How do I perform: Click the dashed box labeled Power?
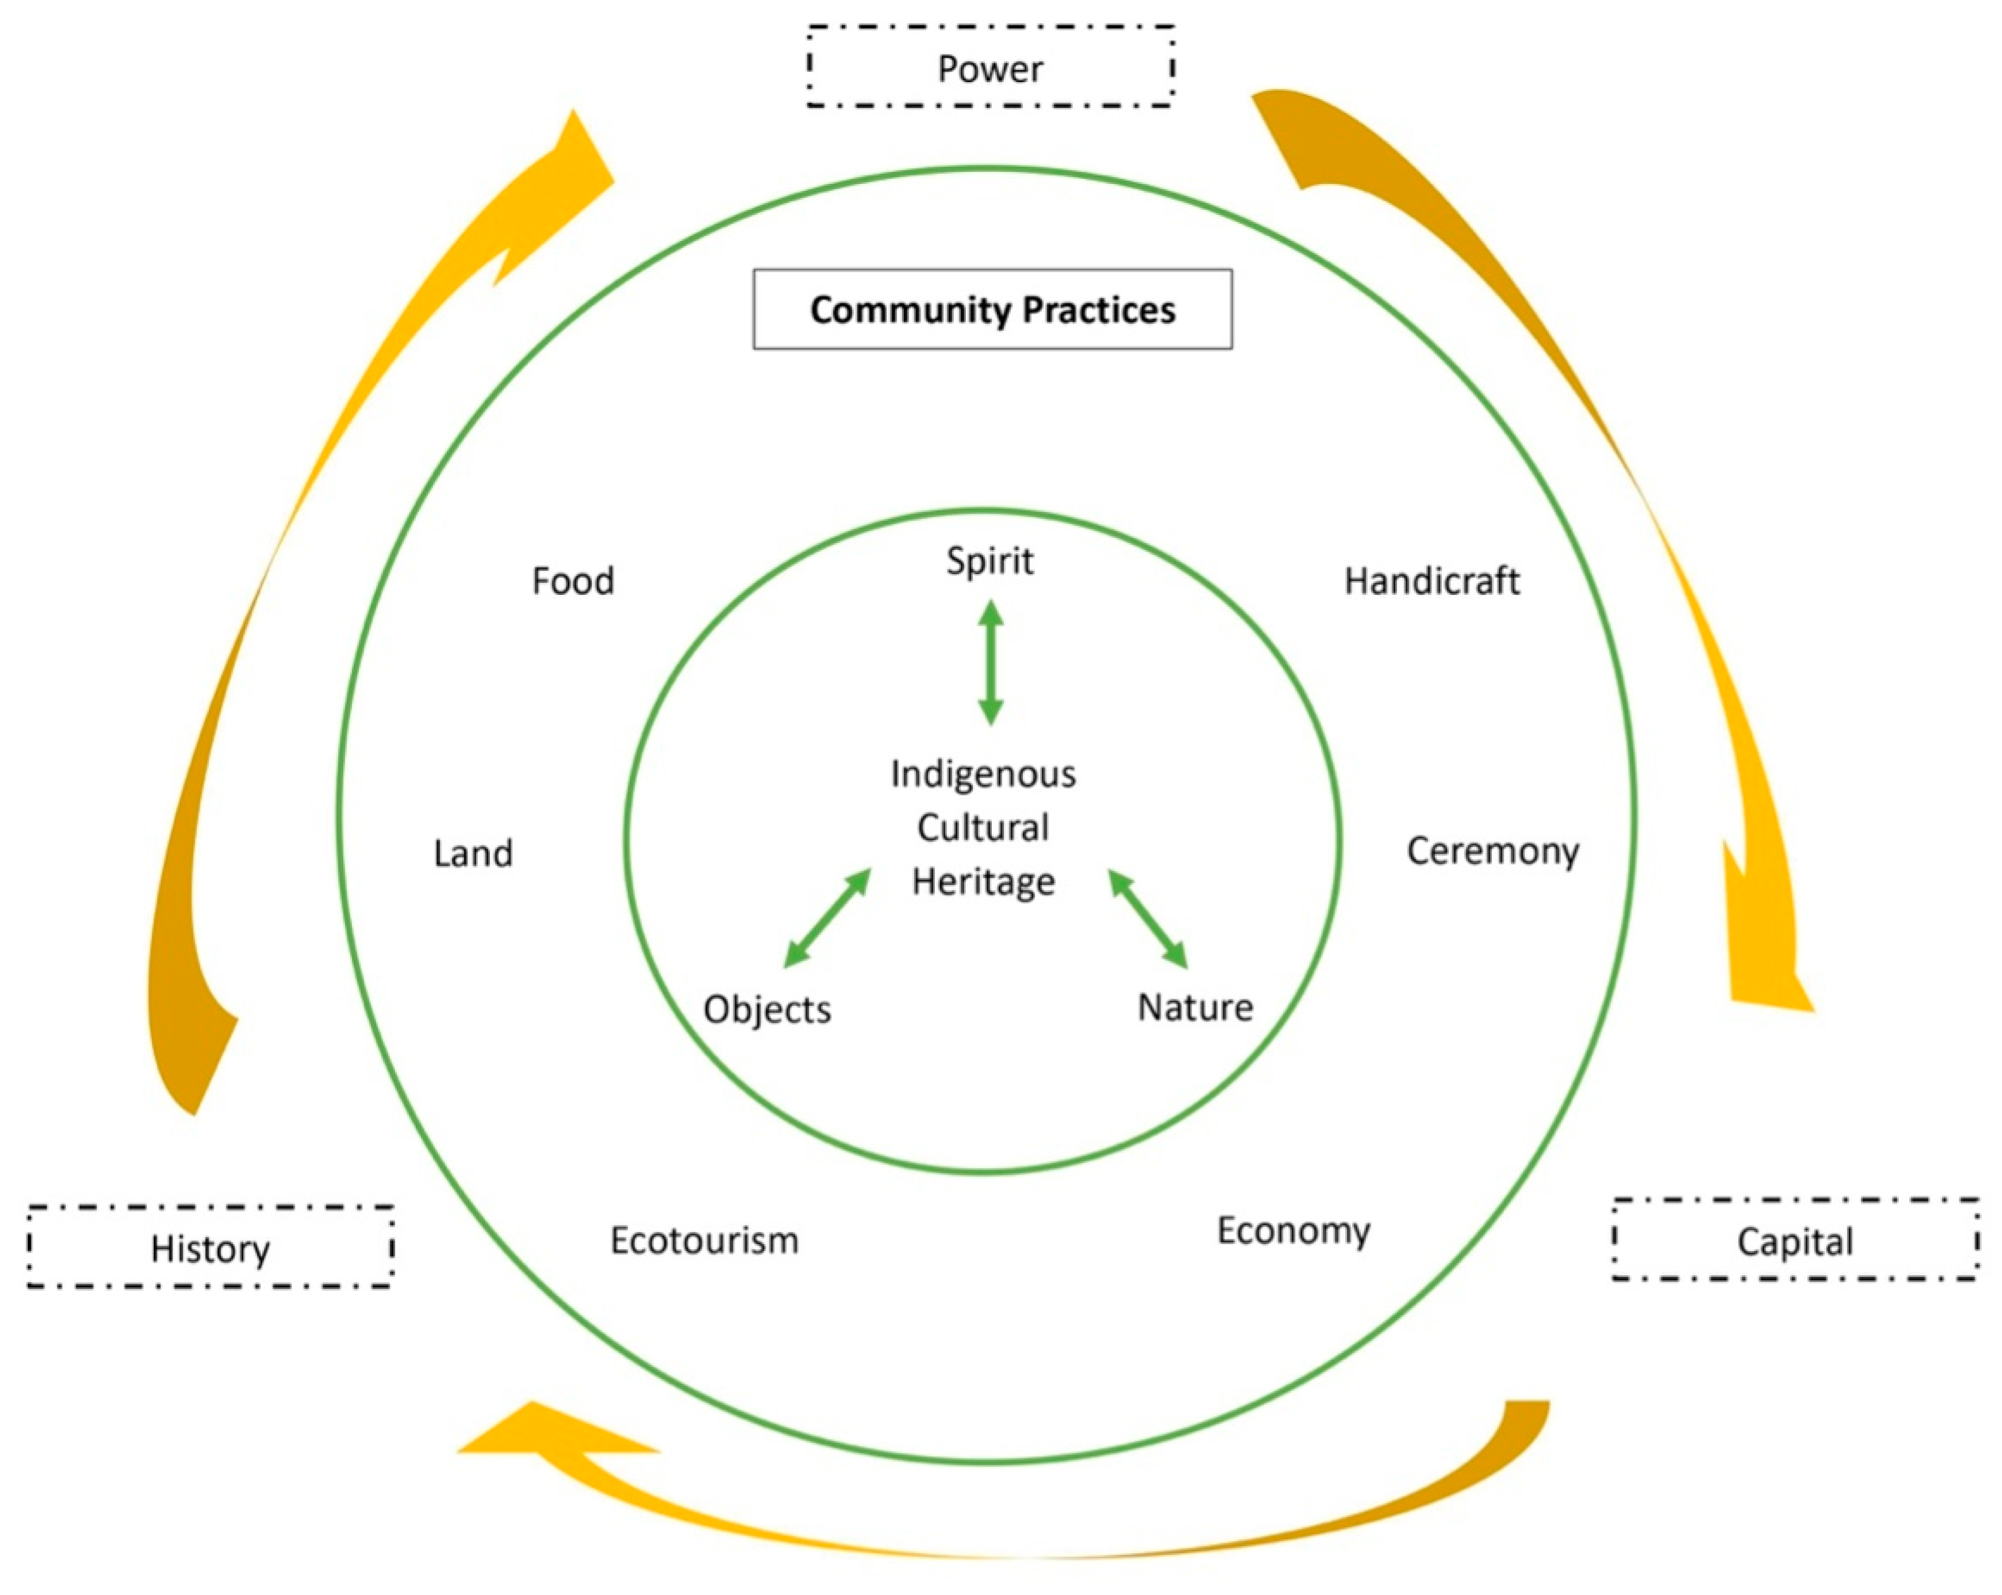(990, 67)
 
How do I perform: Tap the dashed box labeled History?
(211, 1247)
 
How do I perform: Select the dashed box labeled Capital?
(1794, 1240)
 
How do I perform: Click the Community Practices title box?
(992, 309)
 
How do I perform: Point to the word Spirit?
(990, 561)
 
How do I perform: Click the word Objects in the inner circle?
(767, 1009)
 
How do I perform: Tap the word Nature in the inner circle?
(1195, 1007)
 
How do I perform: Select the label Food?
(573, 581)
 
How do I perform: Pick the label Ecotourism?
(704, 1240)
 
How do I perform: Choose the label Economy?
(1293, 1231)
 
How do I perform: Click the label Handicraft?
(1432, 581)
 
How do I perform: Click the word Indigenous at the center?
(984, 773)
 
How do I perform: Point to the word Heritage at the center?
(984, 881)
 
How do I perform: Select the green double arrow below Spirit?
(991, 662)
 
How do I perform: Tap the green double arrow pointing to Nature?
(1149, 919)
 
